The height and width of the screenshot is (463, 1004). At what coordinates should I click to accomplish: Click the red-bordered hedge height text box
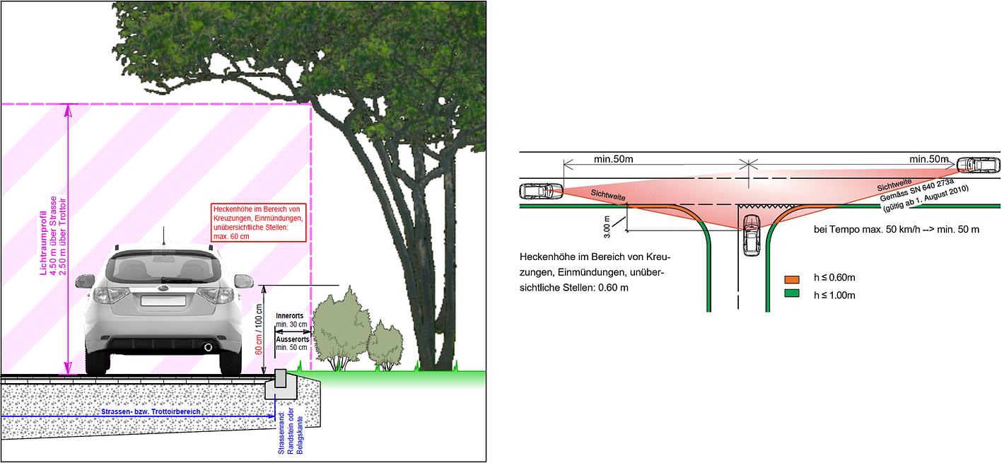click(259, 223)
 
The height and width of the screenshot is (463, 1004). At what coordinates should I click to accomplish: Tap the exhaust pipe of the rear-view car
click(208, 347)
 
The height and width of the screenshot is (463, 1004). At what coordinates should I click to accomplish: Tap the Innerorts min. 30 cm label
click(291, 320)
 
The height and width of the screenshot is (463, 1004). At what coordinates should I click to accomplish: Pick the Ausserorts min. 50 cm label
click(291, 344)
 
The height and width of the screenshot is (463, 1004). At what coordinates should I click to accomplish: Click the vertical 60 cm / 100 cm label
click(259, 329)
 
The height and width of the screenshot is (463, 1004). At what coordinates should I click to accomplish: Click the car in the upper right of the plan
click(979, 165)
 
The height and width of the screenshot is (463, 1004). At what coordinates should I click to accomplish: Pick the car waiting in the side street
click(750, 235)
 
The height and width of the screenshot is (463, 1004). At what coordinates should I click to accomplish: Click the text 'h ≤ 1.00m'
click(834, 295)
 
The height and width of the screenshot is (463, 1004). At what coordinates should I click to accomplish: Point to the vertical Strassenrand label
click(290, 433)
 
